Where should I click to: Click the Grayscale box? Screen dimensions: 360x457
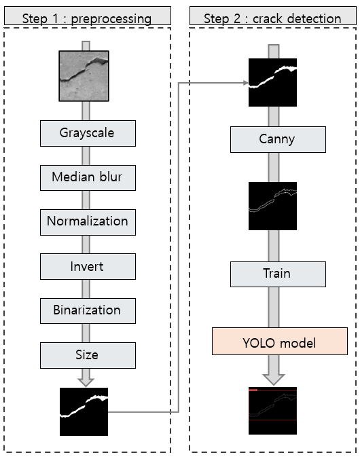coord(88,133)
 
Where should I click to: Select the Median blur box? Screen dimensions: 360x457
coord(88,178)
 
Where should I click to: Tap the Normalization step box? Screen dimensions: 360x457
coord(88,222)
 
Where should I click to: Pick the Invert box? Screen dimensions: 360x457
coord(88,266)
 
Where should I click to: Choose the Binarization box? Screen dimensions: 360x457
coord(88,311)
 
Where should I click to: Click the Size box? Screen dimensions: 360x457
coord(88,355)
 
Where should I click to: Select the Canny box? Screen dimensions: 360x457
coord(278,139)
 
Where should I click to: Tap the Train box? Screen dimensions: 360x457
coord(278,274)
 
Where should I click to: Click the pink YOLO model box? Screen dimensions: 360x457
coord(280,341)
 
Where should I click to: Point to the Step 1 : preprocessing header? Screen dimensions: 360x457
coord(87,16)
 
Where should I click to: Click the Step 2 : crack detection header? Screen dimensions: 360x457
coord(273,16)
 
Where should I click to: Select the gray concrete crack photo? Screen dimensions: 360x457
coord(84,76)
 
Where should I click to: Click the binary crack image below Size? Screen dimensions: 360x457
coord(84,412)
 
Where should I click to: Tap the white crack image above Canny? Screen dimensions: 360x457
coord(272,82)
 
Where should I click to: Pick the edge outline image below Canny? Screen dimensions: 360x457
coord(272,206)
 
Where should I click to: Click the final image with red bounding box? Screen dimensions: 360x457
coord(272,411)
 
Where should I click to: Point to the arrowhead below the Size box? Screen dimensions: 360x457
coord(86,382)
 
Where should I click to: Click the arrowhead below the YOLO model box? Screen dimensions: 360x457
coord(274,380)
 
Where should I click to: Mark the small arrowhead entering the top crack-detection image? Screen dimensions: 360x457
coord(245,83)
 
